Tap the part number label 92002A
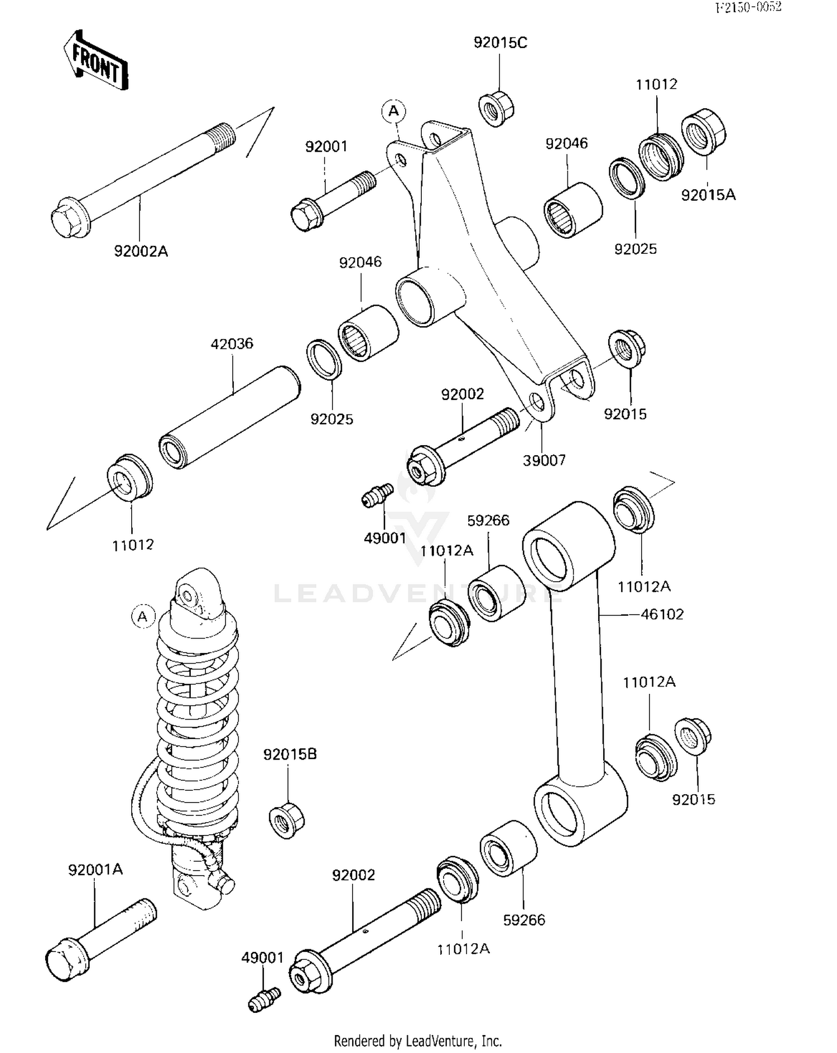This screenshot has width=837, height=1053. tap(141, 252)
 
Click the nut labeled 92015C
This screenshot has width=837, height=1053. tap(496, 108)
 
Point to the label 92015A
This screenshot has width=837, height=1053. tap(708, 195)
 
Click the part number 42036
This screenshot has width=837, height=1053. tap(232, 344)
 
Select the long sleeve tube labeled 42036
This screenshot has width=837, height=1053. tap(229, 417)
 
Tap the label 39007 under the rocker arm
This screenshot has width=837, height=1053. tap(544, 461)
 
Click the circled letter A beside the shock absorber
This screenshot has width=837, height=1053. tap(143, 617)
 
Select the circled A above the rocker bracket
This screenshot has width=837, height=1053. tap(394, 111)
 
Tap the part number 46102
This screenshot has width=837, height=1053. tap(662, 615)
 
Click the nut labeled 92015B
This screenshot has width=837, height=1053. tap(287, 820)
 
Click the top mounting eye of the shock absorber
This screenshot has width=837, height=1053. tap(188, 596)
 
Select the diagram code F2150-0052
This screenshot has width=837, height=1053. tap(749, 7)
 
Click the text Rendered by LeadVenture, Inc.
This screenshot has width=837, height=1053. tap(418, 1041)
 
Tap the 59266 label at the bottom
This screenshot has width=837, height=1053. tap(524, 920)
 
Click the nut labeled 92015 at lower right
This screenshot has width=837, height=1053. tap(692, 737)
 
